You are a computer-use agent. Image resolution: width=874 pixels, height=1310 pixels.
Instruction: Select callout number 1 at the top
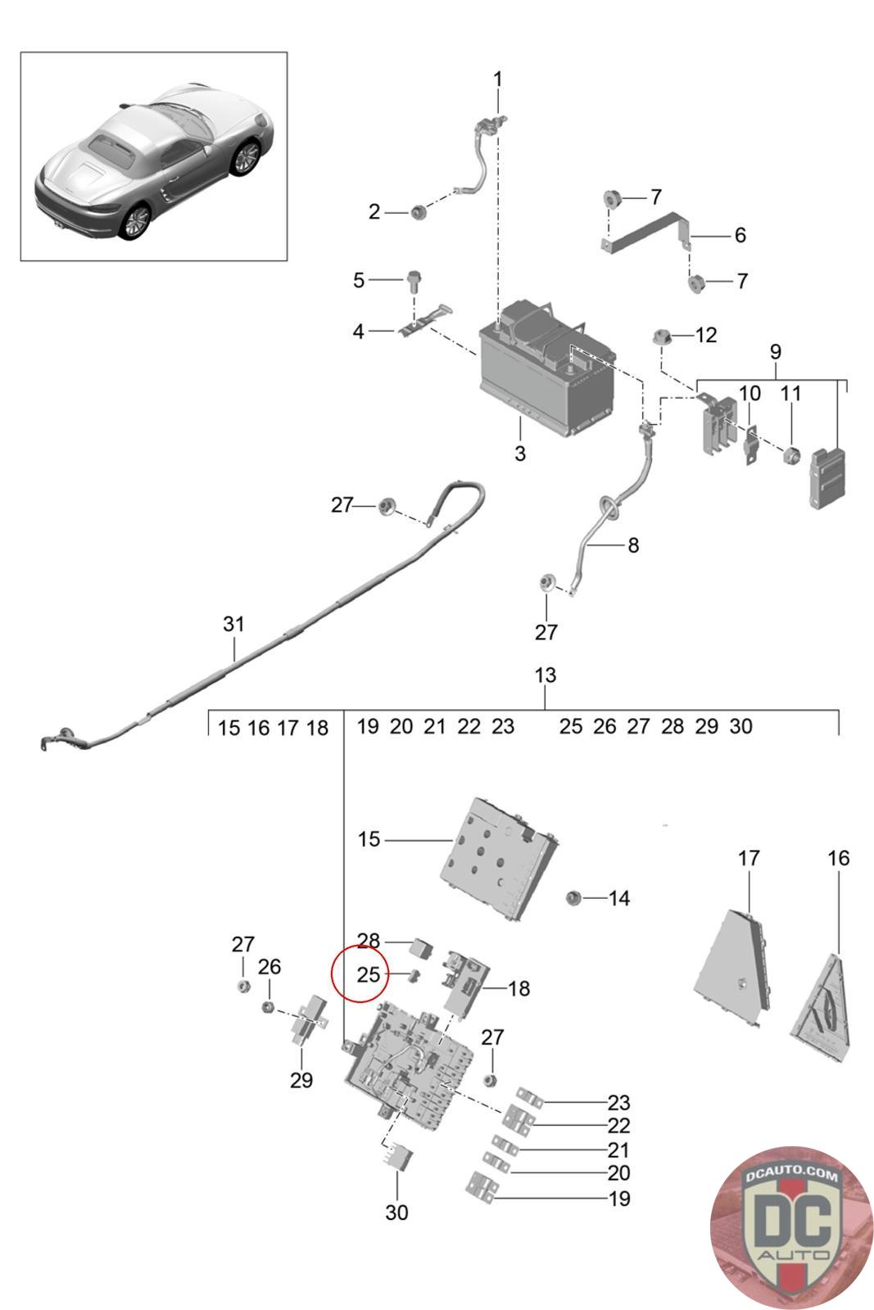tap(497, 79)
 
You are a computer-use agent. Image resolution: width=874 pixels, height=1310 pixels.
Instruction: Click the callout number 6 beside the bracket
tap(740, 235)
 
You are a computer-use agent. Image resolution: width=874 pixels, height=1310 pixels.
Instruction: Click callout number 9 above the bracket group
tap(775, 352)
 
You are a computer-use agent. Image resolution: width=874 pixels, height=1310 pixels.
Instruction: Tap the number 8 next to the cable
tap(633, 544)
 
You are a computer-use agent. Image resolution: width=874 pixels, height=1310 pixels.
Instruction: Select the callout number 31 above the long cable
tap(233, 624)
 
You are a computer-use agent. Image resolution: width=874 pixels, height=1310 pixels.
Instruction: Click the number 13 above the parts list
tap(545, 675)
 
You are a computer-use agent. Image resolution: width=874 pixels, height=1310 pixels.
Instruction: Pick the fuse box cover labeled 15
tap(500, 864)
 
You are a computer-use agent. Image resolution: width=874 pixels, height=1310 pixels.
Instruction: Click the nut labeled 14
tap(573, 898)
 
